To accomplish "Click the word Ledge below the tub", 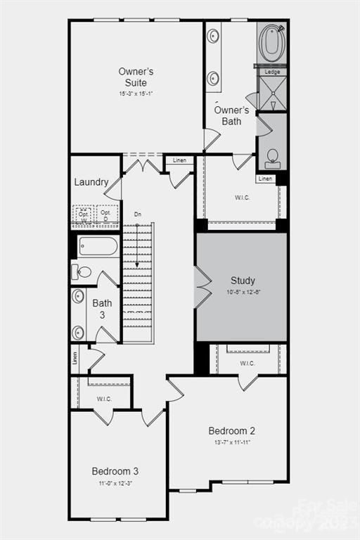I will (x=272, y=72).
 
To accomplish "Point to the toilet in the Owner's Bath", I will (x=272, y=158).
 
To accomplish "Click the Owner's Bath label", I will (x=231, y=115).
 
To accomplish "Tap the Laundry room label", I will (x=91, y=182).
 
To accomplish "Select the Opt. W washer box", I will (x=84, y=215).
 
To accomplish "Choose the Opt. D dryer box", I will (x=106, y=215).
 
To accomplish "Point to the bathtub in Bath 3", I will (x=98, y=246).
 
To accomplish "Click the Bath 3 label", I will (x=102, y=309).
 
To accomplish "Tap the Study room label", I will (x=243, y=281).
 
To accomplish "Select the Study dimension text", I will (x=243, y=292).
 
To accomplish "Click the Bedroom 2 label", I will (x=231, y=430).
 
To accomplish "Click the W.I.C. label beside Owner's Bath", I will (x=242, y=198).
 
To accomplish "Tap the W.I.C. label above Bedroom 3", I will (x=104, y=399).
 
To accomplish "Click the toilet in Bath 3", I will (x=82, y=271).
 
